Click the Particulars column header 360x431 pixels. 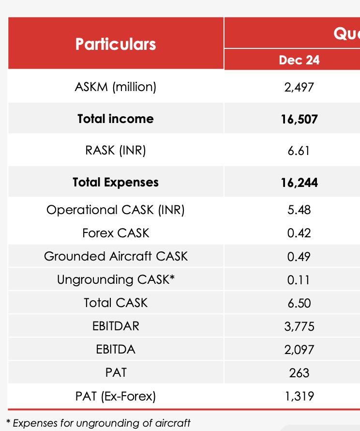(x=116, y=44)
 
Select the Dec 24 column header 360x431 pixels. (x=299, y=60)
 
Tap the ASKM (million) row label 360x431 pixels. (x=116, y=87)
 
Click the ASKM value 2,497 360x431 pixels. (x=300, y=87)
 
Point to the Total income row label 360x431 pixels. (x=116, y=119)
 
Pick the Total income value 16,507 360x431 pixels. (x=299, y=119)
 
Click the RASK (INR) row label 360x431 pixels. (x=116, y=151)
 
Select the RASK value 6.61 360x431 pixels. (x=299, y=151)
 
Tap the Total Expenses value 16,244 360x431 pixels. (x=299, y=183)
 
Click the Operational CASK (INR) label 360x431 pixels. (x=116, y=210)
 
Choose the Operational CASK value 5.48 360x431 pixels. (x=299, y=210)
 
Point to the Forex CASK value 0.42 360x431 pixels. (x=299, y=233)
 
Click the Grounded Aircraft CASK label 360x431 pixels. (x=116, y=256)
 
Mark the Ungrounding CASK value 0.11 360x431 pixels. (x=299, y=280)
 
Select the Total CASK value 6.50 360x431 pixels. (x=299, y=303)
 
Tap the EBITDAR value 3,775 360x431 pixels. (x=299, y=326)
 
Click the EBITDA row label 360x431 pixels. (x=116, y=349)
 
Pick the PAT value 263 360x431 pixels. (x=299, y=373)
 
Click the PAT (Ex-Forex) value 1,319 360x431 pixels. (x=299, y=397)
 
